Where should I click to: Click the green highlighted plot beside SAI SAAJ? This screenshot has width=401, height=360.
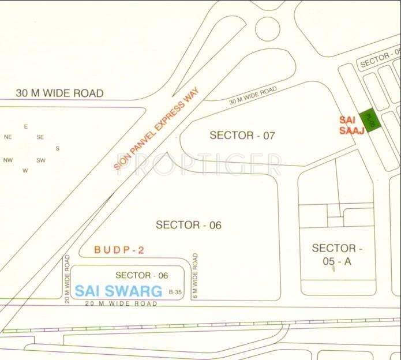tap(368, 122)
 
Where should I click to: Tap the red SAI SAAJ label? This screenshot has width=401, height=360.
tap(351, 125)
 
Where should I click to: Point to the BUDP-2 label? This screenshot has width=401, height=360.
tap(119, 250)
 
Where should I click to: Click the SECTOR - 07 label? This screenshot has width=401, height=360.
tap(242, 136)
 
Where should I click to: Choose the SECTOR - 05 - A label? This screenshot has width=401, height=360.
tap(334, 254)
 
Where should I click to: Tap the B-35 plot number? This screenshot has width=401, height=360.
tap(175, 292)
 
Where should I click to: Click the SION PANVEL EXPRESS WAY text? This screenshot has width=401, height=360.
tap(156, 127)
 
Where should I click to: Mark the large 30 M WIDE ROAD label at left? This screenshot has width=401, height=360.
tap(59, 93)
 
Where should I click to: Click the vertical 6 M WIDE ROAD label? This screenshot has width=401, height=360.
tap(196, 276)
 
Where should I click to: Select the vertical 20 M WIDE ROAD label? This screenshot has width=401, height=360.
tap(68, 278)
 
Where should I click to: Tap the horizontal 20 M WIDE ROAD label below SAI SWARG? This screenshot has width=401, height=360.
tap(121, 303)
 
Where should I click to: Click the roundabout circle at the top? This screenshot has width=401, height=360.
tap(267, 27)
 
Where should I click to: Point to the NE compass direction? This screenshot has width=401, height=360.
tap(8, 137)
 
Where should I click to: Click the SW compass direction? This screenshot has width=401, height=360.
tap(40, 160)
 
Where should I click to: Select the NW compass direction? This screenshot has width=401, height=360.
tap(8, 160)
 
